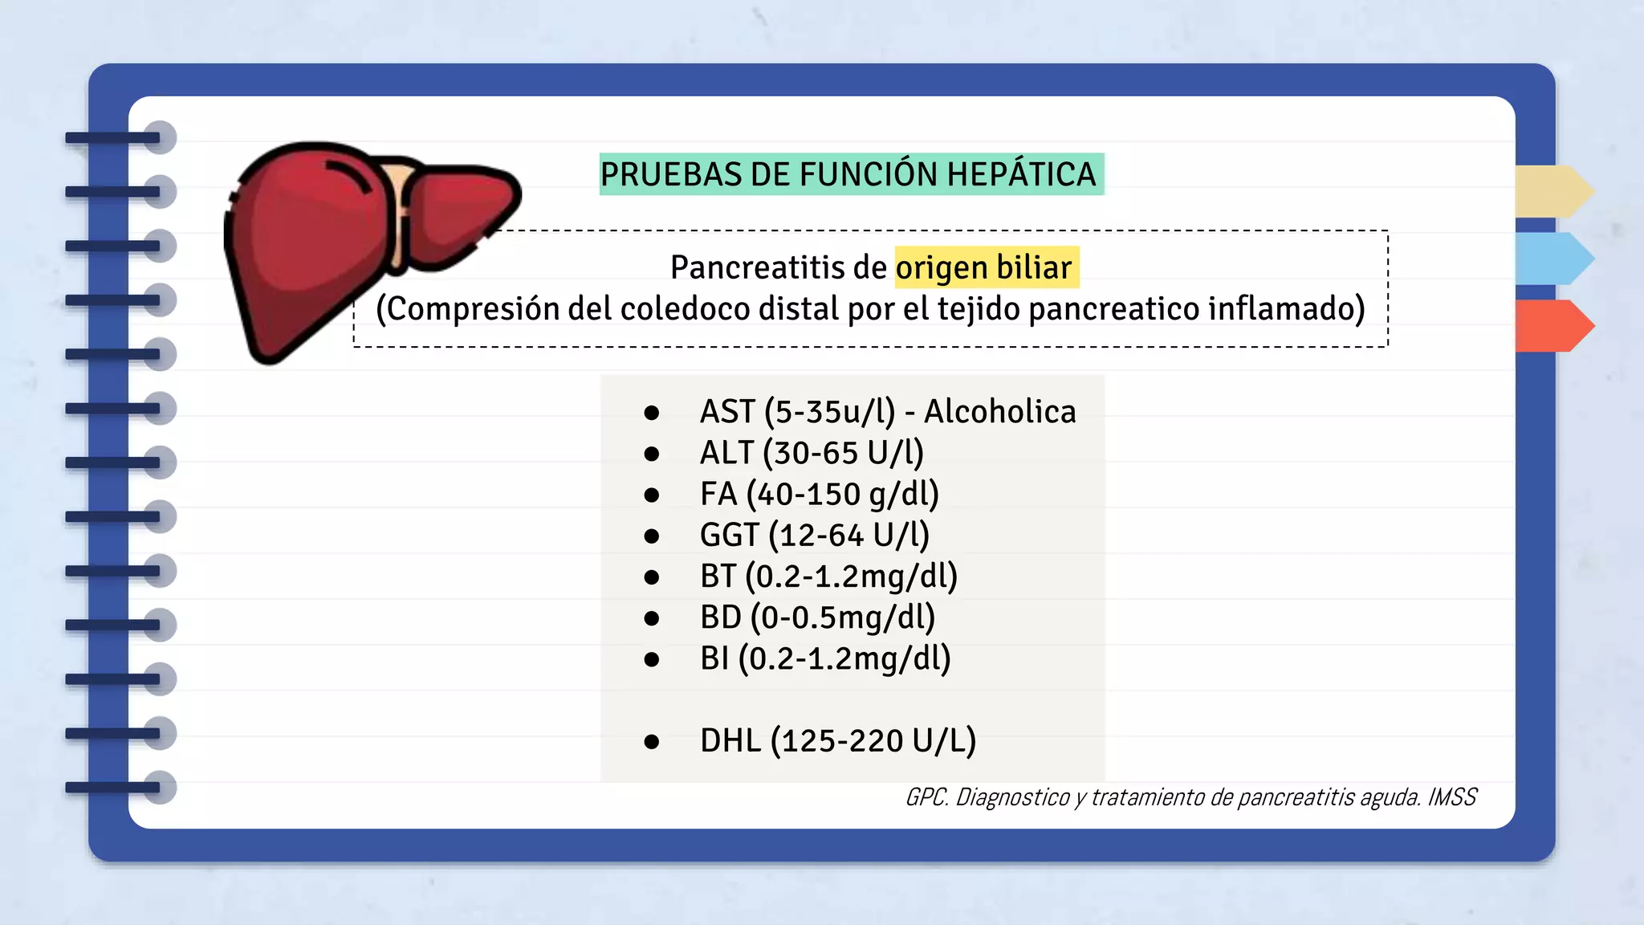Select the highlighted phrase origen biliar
(984, 267)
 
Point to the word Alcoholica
(999, 411)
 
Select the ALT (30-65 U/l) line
(812, 453)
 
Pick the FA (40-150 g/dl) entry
(819, 494)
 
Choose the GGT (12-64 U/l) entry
(814, 535)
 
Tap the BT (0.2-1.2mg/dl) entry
(828, 577)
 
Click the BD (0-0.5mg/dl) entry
(817, 617)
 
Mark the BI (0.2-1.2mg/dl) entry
(825, 658)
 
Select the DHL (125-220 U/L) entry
(837, 740)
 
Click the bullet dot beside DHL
(652, 742)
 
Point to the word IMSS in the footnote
(1452, 797)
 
